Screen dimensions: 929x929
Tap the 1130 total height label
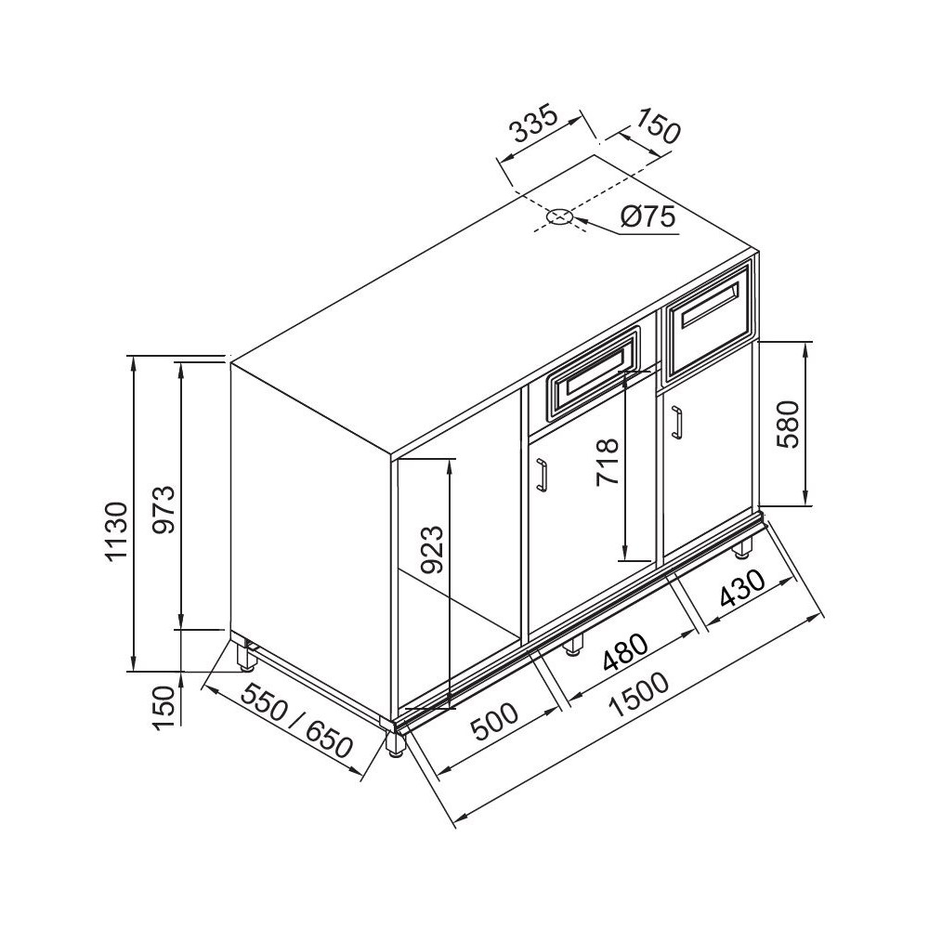[x=116, y=530]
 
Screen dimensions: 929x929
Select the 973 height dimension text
[x=163, y=509]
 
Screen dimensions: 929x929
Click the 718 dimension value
[x=608, y=462]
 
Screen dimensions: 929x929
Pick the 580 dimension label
[x=789, y=425]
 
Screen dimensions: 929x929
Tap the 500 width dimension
[x=493, y=722]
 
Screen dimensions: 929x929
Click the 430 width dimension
[x=741, y=590]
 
